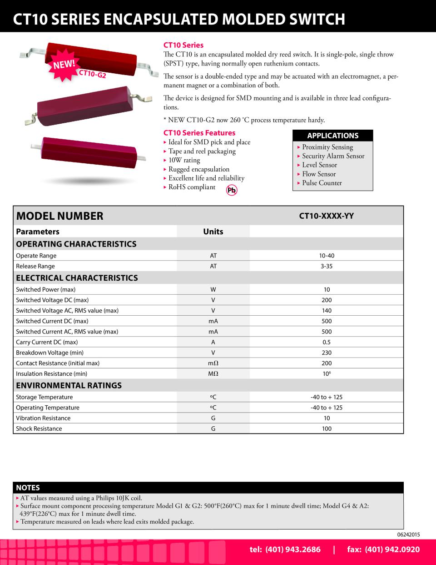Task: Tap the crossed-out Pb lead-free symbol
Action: tap(232, 191)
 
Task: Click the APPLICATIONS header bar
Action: tap(333, 135)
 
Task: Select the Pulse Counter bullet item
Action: tap(322, 183)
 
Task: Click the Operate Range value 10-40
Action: tap(327, 256)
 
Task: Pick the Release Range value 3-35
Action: tap(327, 266)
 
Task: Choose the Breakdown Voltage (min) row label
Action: tap(50, 353)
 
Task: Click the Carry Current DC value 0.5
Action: tap(327, 342)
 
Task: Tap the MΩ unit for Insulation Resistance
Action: tap(213, 373)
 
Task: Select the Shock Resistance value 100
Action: tap(327, 429)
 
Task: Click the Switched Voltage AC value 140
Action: tap(327, 311)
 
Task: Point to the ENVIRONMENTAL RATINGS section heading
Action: tap(69, 385)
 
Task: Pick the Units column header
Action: tap(213, 232)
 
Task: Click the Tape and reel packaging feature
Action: tap(202, 151)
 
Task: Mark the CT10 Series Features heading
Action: tap(199, 133)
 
